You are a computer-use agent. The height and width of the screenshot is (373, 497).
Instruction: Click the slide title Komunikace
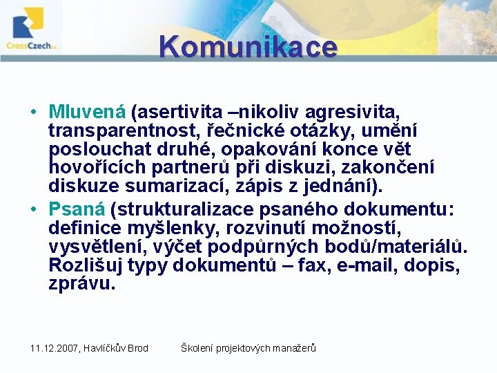pos(248,47)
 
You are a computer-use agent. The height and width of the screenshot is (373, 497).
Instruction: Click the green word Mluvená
pos(87,111)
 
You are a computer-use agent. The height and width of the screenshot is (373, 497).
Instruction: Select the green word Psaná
pos(77,209)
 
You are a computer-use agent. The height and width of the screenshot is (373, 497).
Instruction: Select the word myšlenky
pos(174,228)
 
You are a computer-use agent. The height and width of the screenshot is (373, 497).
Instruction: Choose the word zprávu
pos(79,284)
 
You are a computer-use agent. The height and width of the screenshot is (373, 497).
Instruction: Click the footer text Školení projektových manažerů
pos(248,348)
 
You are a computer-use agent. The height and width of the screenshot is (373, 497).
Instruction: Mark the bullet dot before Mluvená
pos(34,112)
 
